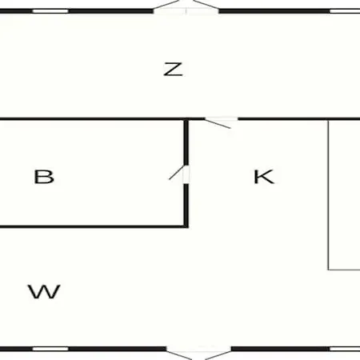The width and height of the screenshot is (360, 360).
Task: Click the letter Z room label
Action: pyautogui.click(x=173, y=70)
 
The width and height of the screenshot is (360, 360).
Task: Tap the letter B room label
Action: pyautogui.click(x=44, y=177)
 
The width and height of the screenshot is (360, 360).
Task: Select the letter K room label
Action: pyautogui.click(x=264, y=177)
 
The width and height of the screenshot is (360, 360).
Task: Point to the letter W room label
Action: pyautogui.click(x=44, y=292)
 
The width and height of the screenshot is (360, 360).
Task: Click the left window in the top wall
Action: pyautogui.click(x=50, y=11)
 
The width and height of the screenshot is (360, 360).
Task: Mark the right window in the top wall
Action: pyautogui.click(x=345, y=11)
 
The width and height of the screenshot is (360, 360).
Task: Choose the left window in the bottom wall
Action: pyautogui.click(x=50, y=349)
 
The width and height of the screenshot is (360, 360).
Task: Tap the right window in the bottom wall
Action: pyautogui.click(x=345, y=349)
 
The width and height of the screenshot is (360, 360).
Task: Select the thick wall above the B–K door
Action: pyautogui.click(x=186, y=142)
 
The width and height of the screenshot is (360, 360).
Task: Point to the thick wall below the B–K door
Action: pyautogui.click(x=186, y=206)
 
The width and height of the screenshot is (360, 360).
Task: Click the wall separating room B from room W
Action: pyautogui.click(x=93, y=227)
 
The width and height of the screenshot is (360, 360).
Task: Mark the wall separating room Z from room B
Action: pyautogui.click(x=93, y=118)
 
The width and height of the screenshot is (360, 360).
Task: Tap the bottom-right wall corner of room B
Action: pyautogui.click(x=186, y=227)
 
